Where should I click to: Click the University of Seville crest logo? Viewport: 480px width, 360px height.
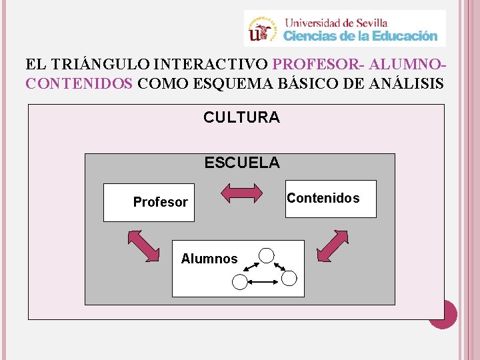pyautogui.click(x=262, y=29)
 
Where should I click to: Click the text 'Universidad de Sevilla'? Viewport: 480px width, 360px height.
pyautogui.click(x=335, y=21)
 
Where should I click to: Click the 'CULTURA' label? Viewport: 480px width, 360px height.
pyautogui.click(x=241, y=118)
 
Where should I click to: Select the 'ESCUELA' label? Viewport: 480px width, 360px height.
pyautogui.click(x=242, y=163)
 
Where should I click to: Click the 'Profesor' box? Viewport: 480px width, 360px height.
pyautogui.click(x=149, y=202)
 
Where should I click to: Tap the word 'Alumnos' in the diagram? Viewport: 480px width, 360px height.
pyautogui.click(x=209, y=259)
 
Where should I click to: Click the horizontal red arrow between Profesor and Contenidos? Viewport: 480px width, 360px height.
pyautogui.click(x=241, y=193)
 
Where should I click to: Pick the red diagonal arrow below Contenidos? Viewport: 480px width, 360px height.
pyautogui.click(x=333, y=246)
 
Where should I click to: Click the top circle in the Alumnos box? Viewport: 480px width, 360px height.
pyautogui.click(x=267, y=255)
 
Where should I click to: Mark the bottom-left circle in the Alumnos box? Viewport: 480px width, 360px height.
pyautogui.click(x=239, y=283)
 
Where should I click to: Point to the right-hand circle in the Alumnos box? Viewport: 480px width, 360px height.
pyautogui.click(x=290, y=277)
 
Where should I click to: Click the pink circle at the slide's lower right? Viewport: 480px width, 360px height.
pyautogui.click(x=443, y=314)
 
